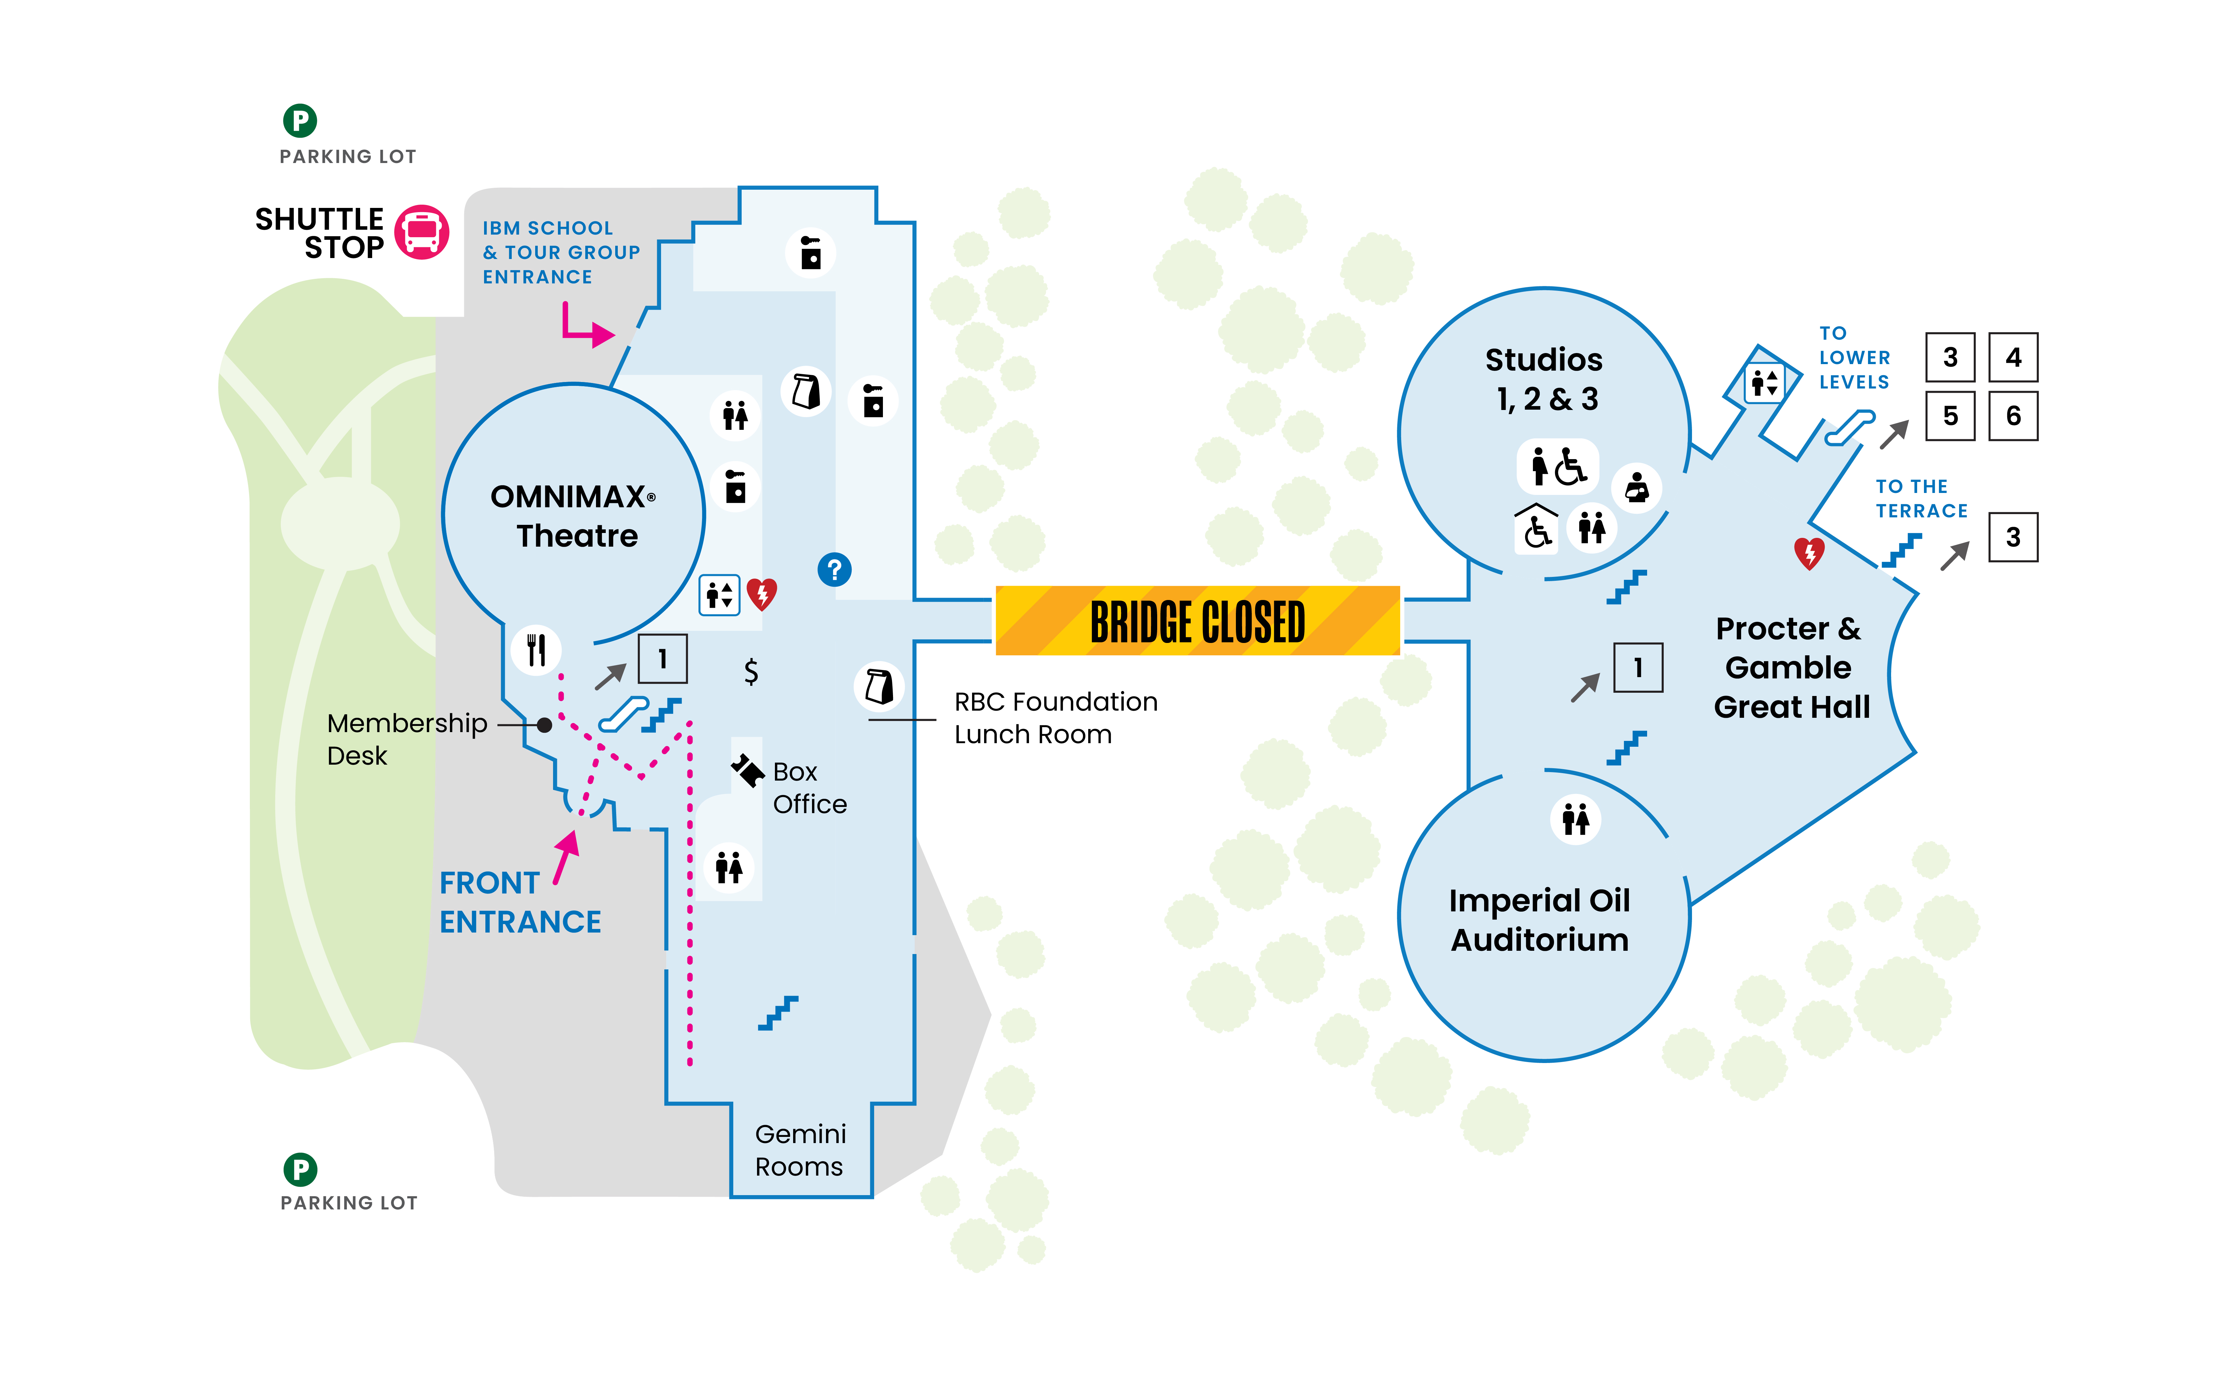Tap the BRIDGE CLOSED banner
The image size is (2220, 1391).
click(1198, 621)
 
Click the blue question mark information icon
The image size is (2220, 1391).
click(834, 569)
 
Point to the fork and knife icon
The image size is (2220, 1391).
click(536, 650)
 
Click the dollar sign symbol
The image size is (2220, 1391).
click(751, 672)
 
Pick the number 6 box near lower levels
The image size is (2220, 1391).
click(2013, 416)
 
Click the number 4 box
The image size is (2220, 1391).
click(2013, 357)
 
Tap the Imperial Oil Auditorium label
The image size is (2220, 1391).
click(1539, 920)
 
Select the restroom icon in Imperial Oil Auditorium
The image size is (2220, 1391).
click(1575, 819)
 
